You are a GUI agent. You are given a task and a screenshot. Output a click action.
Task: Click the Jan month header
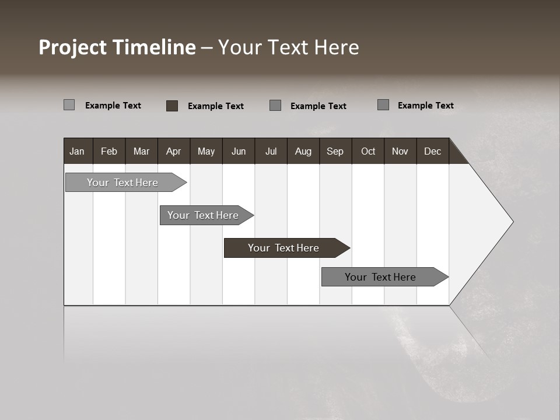78,151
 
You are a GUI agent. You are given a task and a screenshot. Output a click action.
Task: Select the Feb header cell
109,151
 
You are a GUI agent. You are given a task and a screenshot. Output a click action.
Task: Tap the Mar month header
141,151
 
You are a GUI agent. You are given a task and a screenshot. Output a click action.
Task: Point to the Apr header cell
174,151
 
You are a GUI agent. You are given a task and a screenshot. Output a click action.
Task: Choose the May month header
206,151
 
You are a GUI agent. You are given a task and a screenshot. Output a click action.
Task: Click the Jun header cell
239,151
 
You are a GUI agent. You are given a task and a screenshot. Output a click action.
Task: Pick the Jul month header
271,151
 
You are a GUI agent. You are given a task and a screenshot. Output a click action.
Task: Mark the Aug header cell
303,151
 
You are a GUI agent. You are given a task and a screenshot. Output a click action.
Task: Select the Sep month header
335,151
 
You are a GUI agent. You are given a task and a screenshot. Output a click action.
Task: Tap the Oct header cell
368,151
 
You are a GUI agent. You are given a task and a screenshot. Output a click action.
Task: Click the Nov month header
400,151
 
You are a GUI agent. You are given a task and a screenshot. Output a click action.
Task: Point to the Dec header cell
433,151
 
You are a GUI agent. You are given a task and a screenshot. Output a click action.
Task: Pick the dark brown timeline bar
284,248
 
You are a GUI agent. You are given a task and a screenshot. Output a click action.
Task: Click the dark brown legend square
172,106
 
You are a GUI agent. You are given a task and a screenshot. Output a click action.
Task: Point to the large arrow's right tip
512,222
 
